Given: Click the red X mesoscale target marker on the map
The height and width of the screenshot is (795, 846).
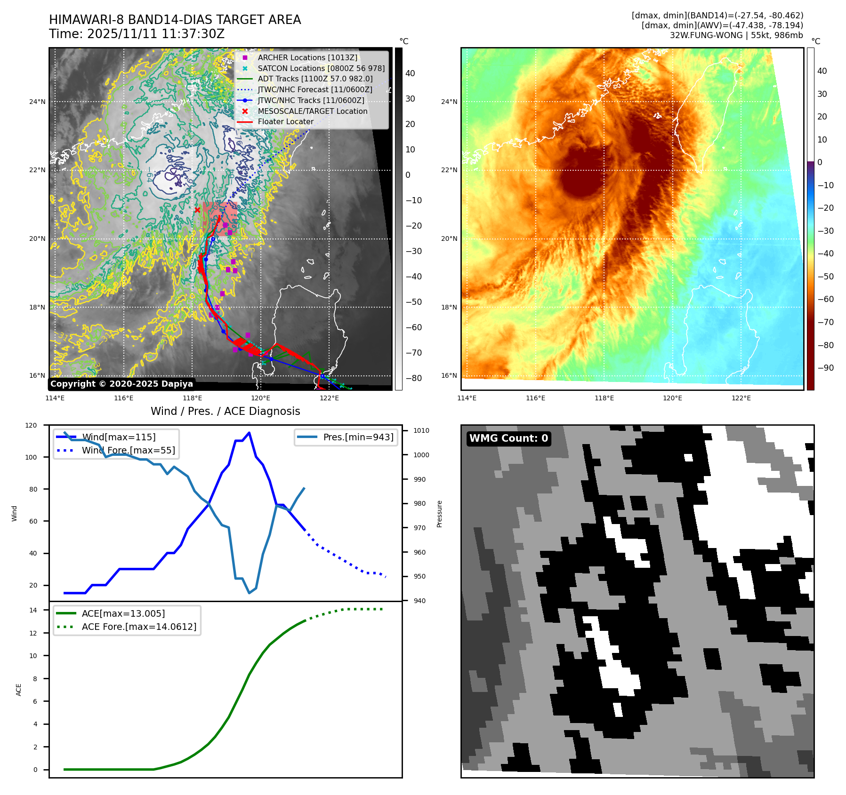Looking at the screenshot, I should pos(197,210).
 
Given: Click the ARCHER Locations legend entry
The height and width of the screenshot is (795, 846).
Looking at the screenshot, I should pos(307,57).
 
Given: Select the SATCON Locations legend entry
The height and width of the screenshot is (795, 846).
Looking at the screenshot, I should pos(321,68).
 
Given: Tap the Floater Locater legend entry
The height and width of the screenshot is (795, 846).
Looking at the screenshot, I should pos(285,121).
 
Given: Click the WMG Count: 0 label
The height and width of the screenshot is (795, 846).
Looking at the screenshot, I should pos(508,438).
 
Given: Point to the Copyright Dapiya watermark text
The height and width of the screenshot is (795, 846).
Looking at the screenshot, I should pos(121,384).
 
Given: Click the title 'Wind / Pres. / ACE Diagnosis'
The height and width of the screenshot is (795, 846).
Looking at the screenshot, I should pos(225,411).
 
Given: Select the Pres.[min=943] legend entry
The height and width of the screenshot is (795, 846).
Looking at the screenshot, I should pos(358,437).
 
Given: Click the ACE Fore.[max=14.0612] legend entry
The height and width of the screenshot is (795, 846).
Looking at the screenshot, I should pos(139,627).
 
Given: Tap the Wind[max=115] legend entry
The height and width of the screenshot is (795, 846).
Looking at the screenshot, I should pos(118,437).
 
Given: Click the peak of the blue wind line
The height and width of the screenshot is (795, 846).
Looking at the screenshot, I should pos(249,433).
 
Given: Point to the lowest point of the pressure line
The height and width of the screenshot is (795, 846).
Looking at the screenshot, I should pos(250,593).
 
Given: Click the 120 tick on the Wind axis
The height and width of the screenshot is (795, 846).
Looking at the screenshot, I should pos(31,425).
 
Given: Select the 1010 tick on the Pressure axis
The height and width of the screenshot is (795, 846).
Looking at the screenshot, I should pos(421,430).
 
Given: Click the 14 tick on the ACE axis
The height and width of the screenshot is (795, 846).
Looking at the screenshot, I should pos(33,610).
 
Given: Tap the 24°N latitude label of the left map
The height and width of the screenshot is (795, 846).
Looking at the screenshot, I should pos(37,102).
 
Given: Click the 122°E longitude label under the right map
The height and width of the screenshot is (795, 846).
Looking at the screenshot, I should pos(741,398).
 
